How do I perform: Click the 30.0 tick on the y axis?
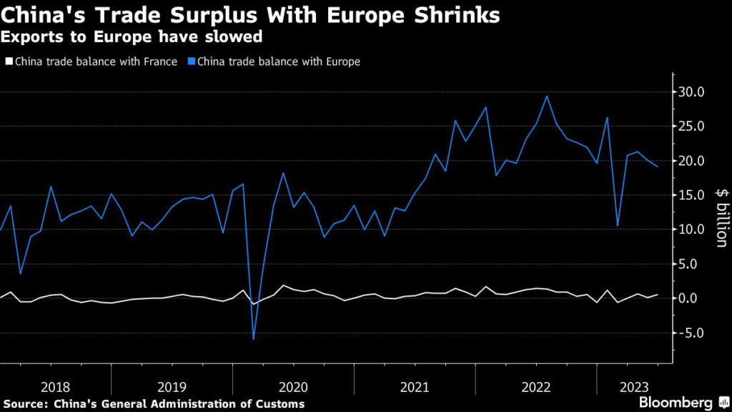[x=698, y=92]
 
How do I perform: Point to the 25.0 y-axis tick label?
[x=698, y=127]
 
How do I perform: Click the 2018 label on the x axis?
[x=56, y=387]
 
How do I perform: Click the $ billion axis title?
[x=720, y=219]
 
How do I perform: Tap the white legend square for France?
[x=9, y=62]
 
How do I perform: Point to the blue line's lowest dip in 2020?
[x=253, y=339]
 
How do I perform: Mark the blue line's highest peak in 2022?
[x=547, y=96]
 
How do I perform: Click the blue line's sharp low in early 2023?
[x=618, y=226]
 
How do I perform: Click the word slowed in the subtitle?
[x=236, y=35]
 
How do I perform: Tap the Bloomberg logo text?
[x=675, y=402]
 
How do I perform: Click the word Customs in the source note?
[x=280, y=404]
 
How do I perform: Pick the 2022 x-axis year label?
[x=537, y=387]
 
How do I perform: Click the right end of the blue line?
[x=658, y=167]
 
